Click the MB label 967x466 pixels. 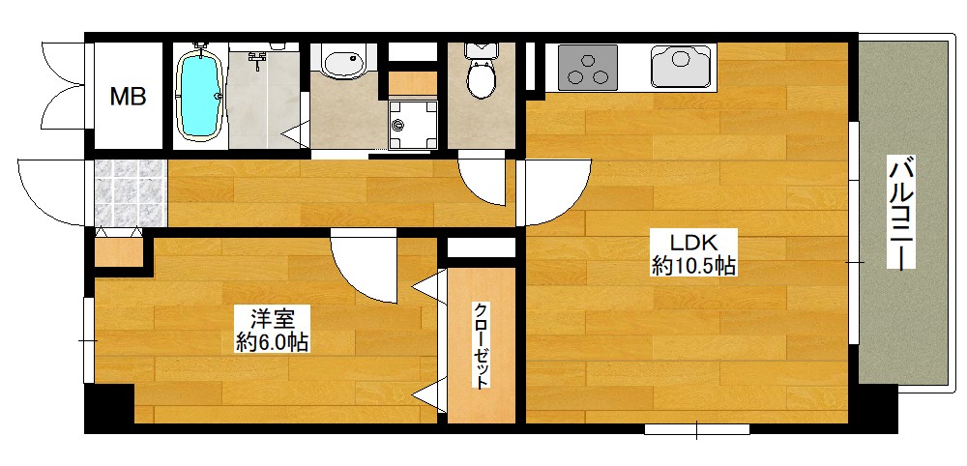point(128,96)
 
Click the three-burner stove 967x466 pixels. point(588,66)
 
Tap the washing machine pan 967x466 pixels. point(413,125)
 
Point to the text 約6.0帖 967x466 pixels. point(272,342)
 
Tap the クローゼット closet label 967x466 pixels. point(482,345)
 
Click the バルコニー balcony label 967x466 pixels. point(900,213)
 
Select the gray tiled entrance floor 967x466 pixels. point(131,193)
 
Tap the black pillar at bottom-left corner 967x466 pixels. point(109,408)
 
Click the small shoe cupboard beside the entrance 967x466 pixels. point(118,251)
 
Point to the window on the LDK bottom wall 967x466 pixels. point(697,428)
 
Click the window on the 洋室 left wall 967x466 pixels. point(88,340)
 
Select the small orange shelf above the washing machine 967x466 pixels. point(413,83)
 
